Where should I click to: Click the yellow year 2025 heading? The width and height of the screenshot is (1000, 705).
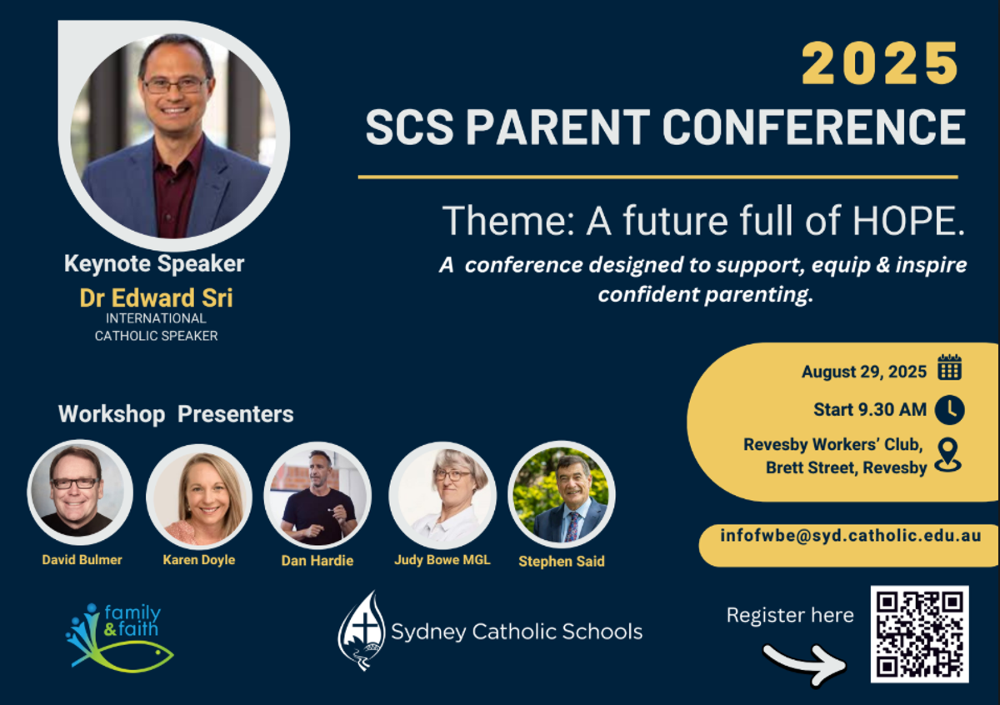pos(880,63)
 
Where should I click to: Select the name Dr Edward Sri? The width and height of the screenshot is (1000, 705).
pos(157,297)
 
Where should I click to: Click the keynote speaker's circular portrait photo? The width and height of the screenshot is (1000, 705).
pos(173,136)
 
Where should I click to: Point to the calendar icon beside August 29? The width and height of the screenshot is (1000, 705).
pos(949,367)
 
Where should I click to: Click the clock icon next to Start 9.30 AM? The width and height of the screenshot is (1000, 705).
pos(950,410)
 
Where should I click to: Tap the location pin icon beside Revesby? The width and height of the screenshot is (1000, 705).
pos(948,455)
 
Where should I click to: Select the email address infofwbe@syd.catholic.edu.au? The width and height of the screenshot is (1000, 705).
pos(851,536)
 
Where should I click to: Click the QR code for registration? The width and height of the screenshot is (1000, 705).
pos(920,634)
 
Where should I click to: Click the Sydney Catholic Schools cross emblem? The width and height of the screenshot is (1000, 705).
pos(362,631)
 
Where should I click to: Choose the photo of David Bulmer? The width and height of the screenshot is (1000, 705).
pos(80,492)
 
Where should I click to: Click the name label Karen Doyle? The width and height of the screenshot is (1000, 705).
pos(199,560)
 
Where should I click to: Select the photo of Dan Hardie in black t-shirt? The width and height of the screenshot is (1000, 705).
pos(317,495)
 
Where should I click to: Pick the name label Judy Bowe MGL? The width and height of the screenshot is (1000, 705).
pos(442,560)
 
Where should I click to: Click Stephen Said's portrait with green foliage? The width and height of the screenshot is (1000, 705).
pos(562,494)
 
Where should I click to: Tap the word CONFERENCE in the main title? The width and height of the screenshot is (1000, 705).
pos(814,127)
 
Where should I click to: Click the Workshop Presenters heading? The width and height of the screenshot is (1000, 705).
pos(176,414)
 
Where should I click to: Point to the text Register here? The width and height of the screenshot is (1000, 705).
pos(790,615)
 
